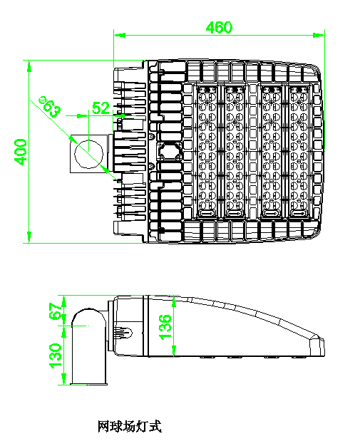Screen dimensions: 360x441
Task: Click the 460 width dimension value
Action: [x=219, y=27]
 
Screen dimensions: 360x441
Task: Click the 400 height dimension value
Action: [x=21, y=152]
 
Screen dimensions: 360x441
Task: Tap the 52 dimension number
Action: [x=101, y=108]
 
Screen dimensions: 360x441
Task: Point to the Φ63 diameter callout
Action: [x=50, y=107]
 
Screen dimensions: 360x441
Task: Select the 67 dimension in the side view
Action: [x=56, y=311]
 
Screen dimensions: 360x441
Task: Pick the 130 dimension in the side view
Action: [x=56, y=356]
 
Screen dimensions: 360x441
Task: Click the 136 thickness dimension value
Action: [x=165, y=327]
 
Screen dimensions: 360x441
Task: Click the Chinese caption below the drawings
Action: [x=130, y=426]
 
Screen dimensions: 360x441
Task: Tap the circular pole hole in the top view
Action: [x=88, y=154]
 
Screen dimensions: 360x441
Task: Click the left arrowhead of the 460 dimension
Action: [x=120, y=35]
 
